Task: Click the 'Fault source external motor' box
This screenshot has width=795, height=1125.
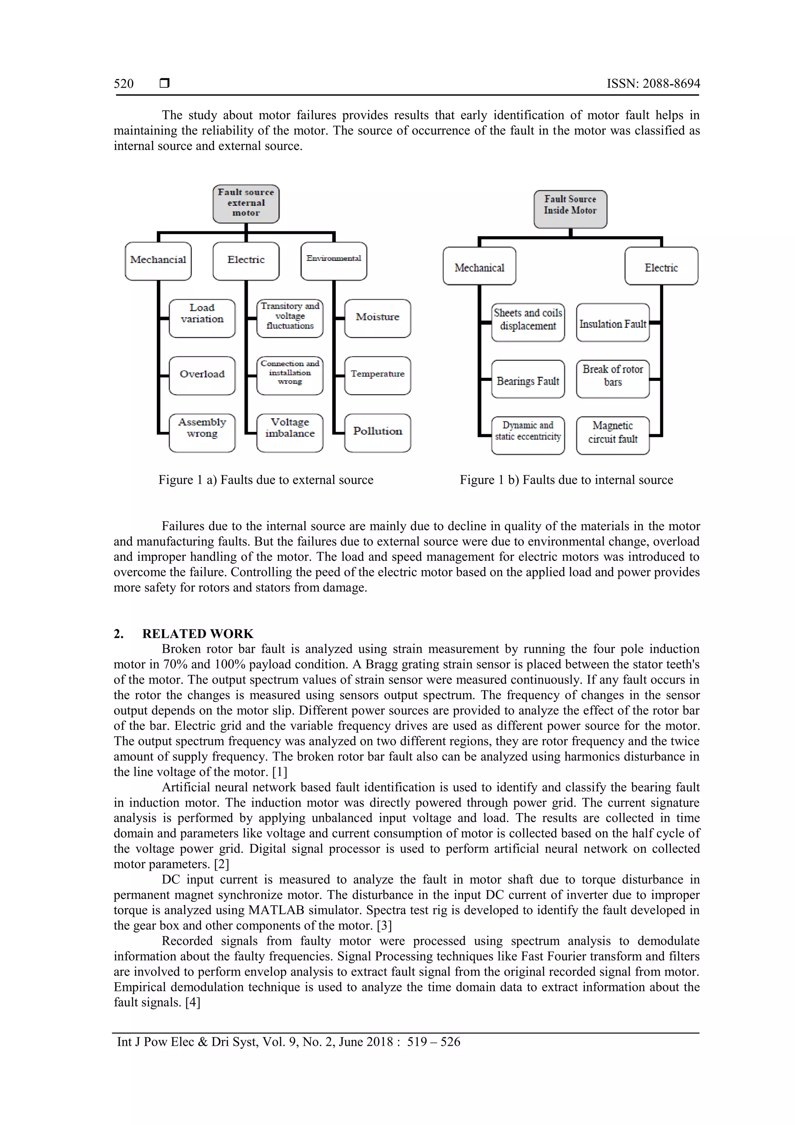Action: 246,203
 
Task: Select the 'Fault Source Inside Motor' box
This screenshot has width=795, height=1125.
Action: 570,209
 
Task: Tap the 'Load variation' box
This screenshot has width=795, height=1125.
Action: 202,318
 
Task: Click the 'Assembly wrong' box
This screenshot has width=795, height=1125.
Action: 202,432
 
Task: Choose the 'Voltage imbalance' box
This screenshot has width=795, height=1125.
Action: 290,432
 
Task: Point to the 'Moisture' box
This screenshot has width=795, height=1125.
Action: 377,318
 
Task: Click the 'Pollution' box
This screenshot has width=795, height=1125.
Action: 377,432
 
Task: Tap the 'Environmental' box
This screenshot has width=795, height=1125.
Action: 333,261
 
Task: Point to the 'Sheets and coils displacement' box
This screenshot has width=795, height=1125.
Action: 528,322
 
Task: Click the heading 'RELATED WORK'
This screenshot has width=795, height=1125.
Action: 198,633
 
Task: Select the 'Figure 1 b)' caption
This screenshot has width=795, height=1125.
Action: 566,480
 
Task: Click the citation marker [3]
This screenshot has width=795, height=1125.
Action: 384,925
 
